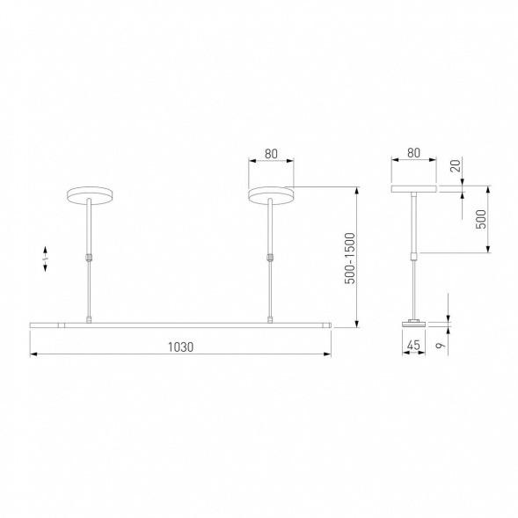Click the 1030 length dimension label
coord(180,346)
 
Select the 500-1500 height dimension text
coord(348,258)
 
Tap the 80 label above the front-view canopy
coord(271,154)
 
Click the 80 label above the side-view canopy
coord(414,154)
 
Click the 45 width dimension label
coord(412,346)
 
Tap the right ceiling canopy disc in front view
coord(271,193)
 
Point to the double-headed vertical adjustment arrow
coord(46,259)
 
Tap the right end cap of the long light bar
coord(329,325)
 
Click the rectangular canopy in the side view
coord(414,188)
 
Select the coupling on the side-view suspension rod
coord(414,256)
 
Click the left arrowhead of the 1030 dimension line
coord(33,354)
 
